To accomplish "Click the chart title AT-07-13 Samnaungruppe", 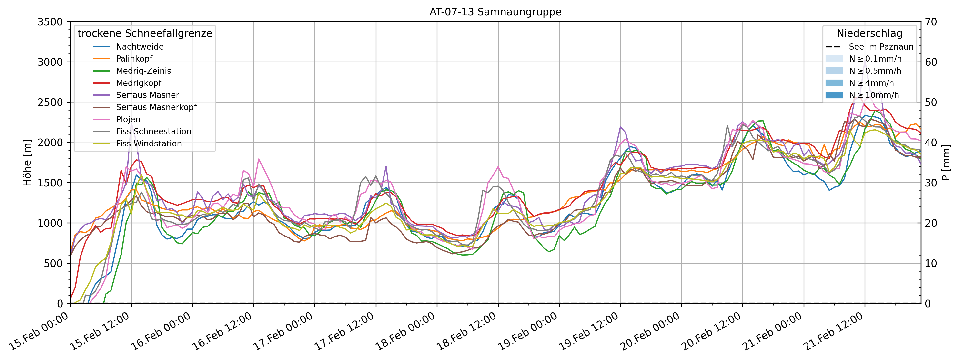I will pos(495,12).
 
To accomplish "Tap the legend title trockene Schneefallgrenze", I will pos(145,33).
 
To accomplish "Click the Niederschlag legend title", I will pos(869,33).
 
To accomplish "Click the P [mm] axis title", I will pos(946,163).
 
